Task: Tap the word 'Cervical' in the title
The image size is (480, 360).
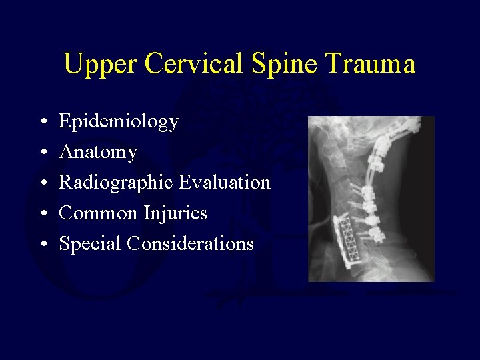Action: tap(195, 65)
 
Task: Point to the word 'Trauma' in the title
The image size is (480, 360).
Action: tap(374, 65)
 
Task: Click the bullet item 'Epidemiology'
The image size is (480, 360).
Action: tap(119, 122)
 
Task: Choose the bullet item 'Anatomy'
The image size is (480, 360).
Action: tap(98, 153)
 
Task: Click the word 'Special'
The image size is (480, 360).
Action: tap(90, 244)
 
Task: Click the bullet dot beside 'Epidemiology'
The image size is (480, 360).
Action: tap(42, 123)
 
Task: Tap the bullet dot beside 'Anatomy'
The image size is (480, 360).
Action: tap(42, 153)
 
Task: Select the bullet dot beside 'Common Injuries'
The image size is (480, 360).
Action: tap(42, 215)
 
